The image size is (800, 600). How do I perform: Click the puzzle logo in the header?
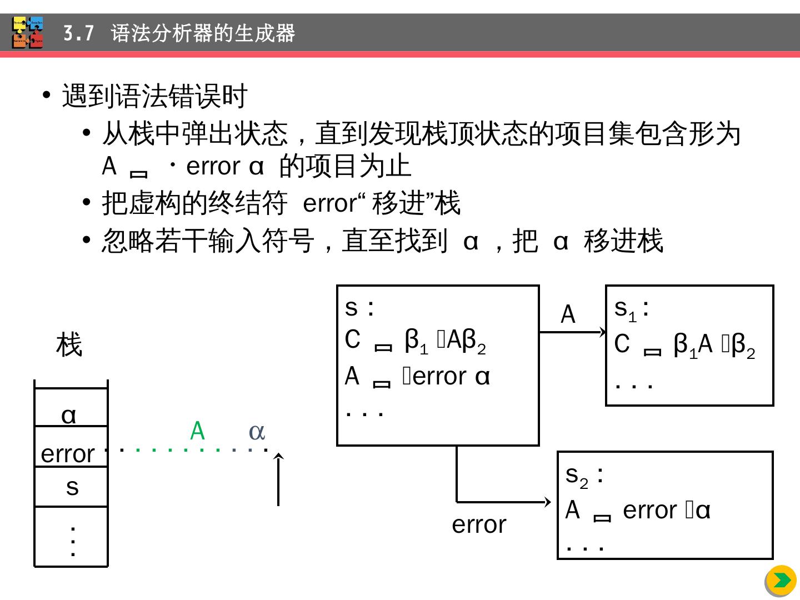coord(27,33)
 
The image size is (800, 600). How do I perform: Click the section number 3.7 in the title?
coord(78,34)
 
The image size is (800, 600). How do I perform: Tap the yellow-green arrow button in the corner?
coord(781,581)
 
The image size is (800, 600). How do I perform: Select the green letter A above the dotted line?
coord(197,431)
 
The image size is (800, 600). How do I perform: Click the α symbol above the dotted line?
coord(257,431)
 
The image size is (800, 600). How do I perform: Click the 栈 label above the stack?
coord(69,345)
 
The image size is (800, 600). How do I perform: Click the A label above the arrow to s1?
coord(568,315)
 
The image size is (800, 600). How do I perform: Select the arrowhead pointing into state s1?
coord(602,332)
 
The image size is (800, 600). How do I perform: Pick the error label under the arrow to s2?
coord(479,524)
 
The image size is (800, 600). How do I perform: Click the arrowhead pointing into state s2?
coord(547,502)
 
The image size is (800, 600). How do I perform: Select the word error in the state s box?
coord(440,377)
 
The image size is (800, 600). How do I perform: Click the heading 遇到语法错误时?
coord(154,96)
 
